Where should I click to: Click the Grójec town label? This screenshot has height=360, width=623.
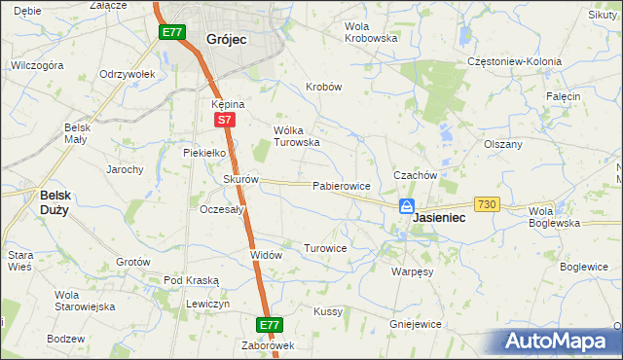click(226, 39)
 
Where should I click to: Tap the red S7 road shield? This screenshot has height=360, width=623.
click(224, 120)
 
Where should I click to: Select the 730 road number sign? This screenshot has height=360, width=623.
click(487, 203)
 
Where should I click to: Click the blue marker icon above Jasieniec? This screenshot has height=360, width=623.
click(408, 206)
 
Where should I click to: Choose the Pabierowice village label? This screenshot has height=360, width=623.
click(340, 185)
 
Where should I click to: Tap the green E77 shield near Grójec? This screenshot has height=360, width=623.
click(171, 33)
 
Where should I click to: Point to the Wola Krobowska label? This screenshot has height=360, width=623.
click(372, 32)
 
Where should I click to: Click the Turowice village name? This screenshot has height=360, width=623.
click(325, 248)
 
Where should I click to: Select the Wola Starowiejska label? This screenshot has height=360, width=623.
click(85, 301)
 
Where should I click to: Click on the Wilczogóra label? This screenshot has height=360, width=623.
click(37, 65)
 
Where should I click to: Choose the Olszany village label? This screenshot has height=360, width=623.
click(503, 144)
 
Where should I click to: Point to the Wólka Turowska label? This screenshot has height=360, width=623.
click(297, 135)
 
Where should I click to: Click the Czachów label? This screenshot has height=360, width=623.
click(412, 174)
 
